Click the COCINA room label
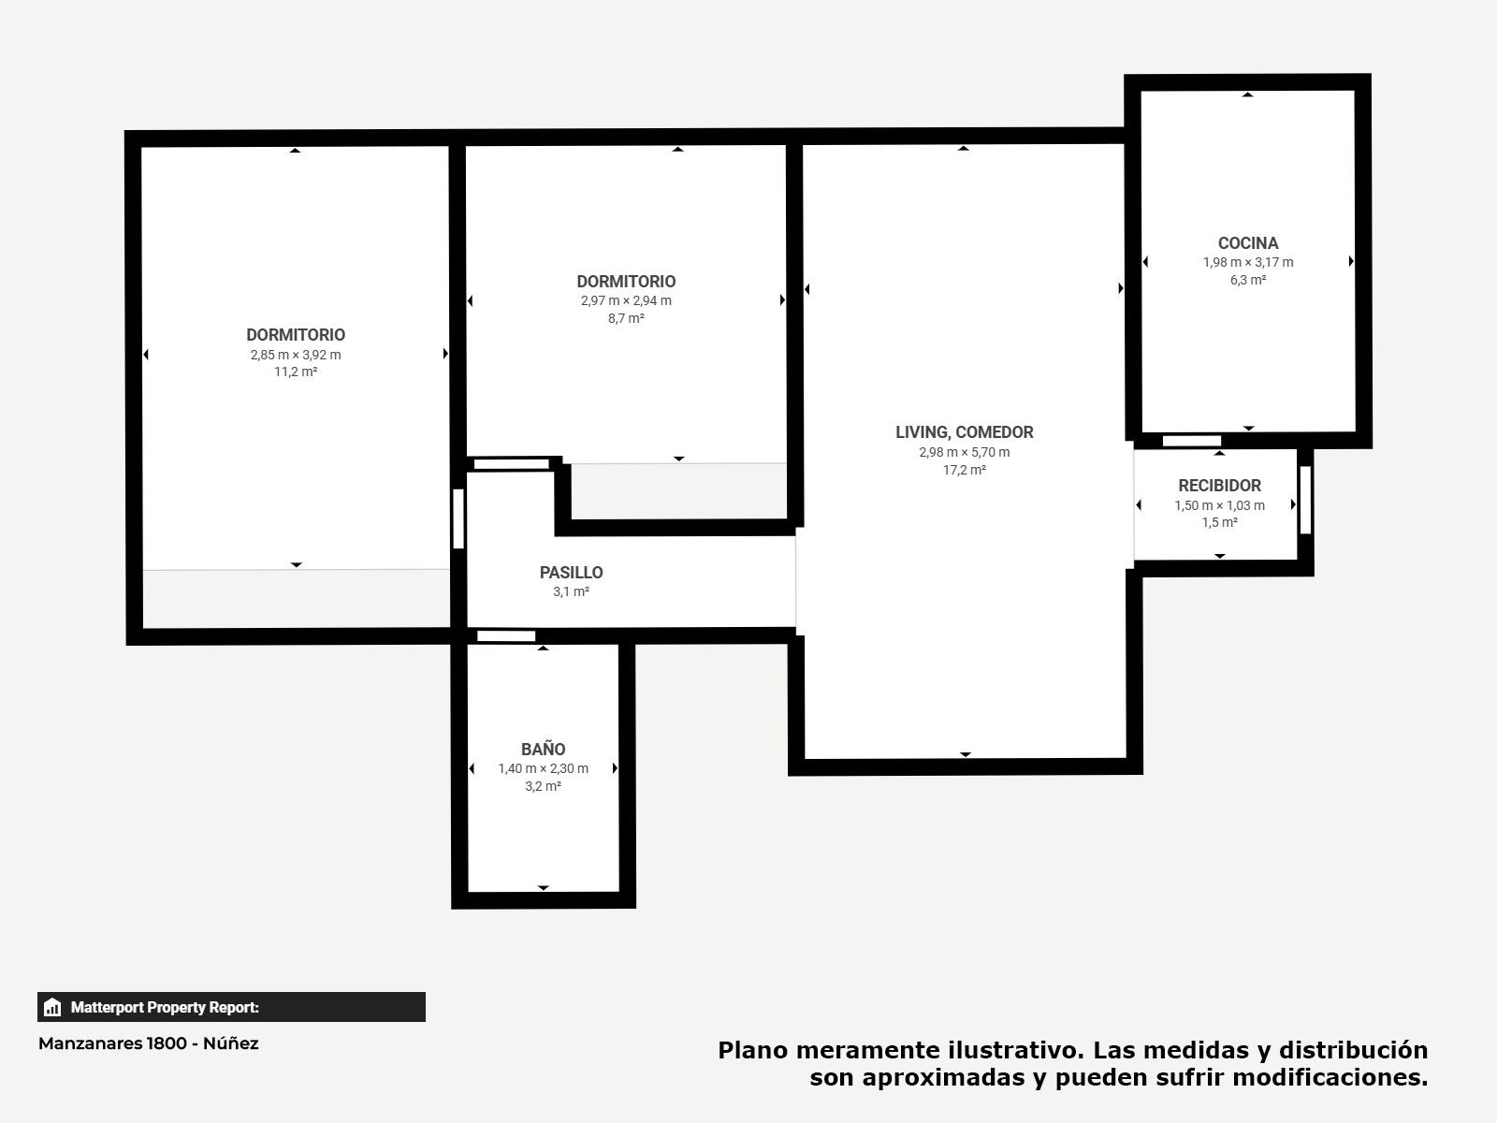click(x=1248, y=243)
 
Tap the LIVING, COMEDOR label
click(x=965, y=432)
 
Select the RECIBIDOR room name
click(x=1219, y=486)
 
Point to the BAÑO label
click(x=543, y=749)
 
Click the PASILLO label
click(x=571, y=573)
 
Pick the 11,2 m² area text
click(x=296, y=372)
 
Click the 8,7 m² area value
click(x=626, y=318)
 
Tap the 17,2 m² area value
click(x=965, y=470)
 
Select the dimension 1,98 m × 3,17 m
click(x=1248, y=263)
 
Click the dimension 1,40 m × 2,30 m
click(x=543, y=768)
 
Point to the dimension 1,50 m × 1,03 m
click(x=1219, y=505)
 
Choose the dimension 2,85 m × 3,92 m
click(x=296, y=355)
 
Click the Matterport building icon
click(x=52, y=1007)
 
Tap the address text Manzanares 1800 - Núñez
click(x=149, y=1043)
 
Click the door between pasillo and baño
click(x=506, y=636)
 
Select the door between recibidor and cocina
click(x=1191, y=441)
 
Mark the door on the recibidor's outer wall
click(x=1305, y=500)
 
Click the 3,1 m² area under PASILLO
click(x=571, y=591)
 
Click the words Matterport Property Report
click(x=165, y=1007)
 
